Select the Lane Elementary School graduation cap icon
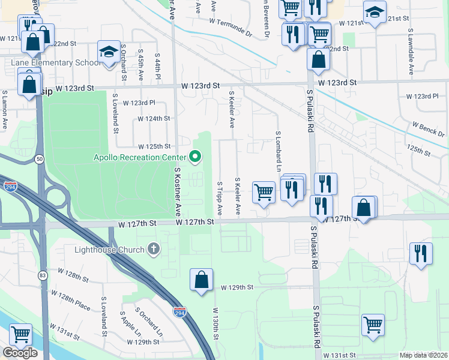[109, 53]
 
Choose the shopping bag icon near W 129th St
[201, 280]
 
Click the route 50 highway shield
[39, 159]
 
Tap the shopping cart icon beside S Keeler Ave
[264, 193]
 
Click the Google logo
[20, 353]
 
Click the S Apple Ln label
[131, 324]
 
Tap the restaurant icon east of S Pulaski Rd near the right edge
[421, 252]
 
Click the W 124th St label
[154, 119]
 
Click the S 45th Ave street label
[141, 65]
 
